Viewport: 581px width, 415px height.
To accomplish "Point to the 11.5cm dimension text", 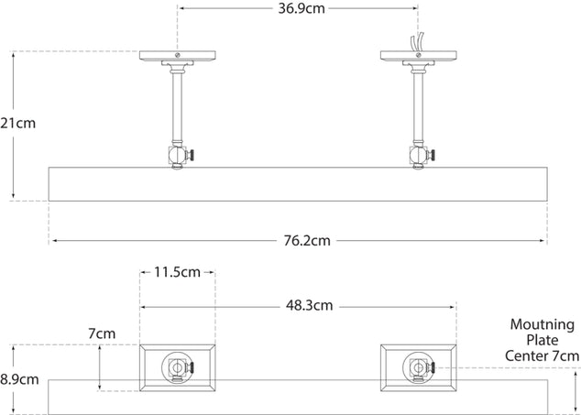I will click(x=176, y=272).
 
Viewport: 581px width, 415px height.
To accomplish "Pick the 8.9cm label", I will click(x=18, y=378).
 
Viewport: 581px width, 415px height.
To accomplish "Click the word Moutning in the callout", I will click(x=542, y=324).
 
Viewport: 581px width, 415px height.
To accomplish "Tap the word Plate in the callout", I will click(x=542, y=340).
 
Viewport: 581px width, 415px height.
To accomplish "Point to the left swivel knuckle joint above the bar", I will click(x=177, y=156).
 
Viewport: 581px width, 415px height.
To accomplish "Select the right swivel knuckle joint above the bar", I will click(x=420, y=156).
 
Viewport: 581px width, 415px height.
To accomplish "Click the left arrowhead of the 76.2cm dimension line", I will click(x=52, y=241).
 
